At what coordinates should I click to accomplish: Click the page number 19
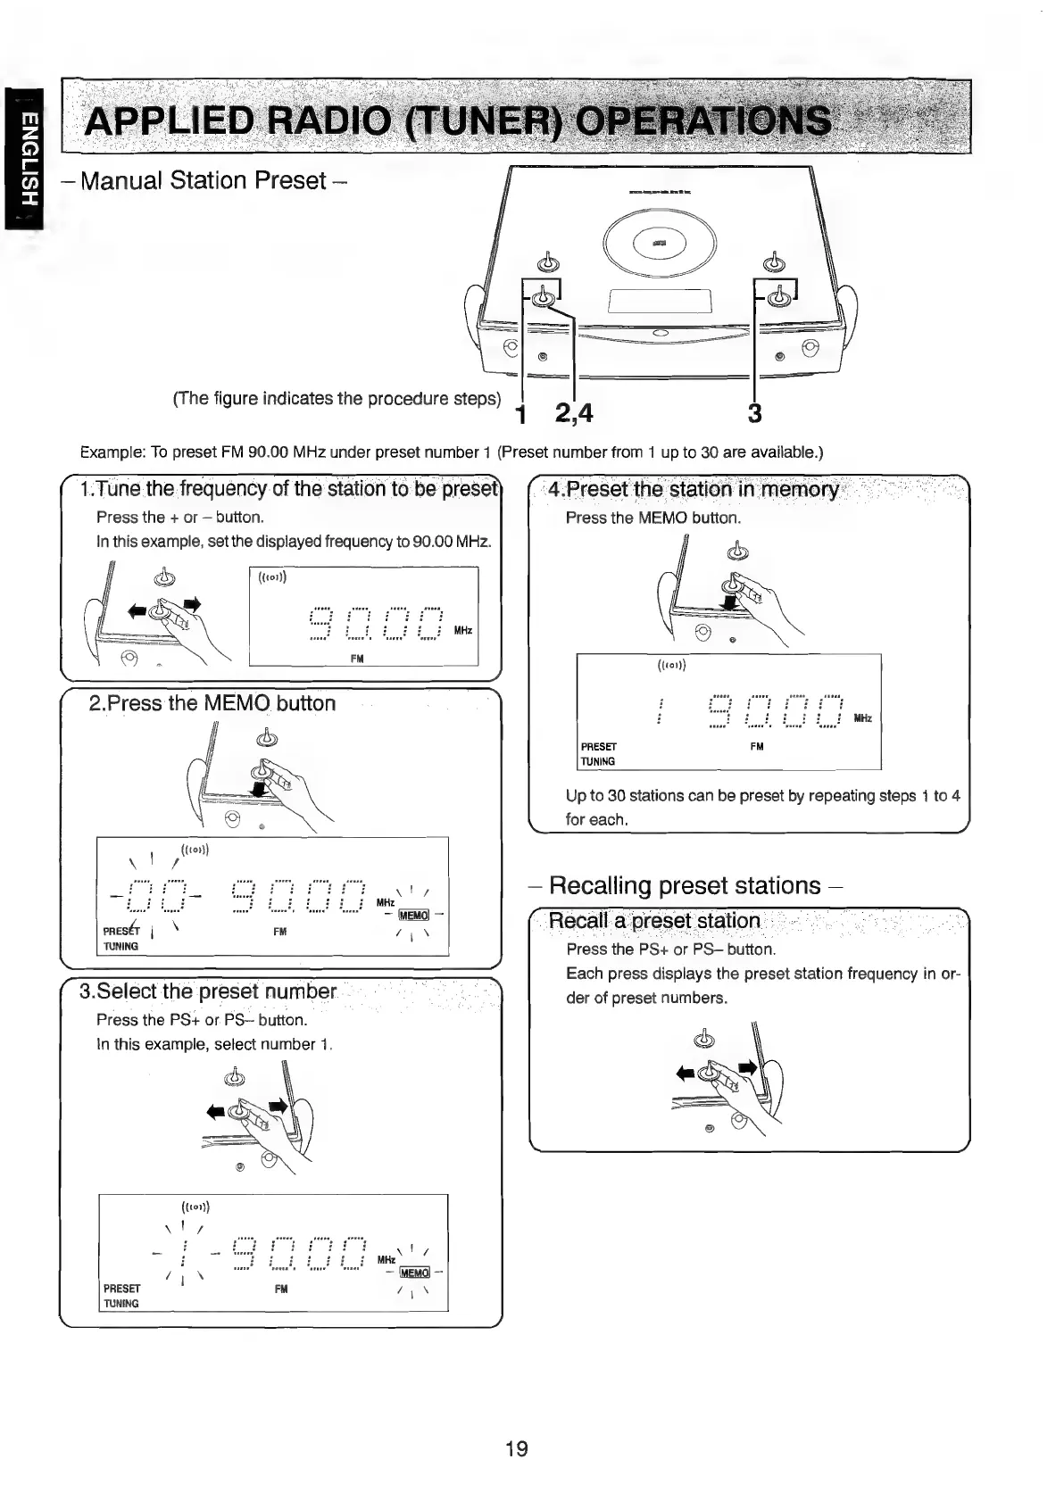point(516,1448)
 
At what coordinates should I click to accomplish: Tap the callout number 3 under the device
point(754,413)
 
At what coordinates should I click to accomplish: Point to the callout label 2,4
point(573,413)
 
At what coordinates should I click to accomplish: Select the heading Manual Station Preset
point(204,181)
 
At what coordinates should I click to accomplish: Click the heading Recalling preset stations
point(686,885)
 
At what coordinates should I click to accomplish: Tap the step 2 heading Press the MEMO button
point(212,703)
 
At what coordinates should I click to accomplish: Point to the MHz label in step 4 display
point(862,718)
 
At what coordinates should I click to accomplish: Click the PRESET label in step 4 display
point(598,746)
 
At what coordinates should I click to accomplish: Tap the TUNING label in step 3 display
point(121,1304)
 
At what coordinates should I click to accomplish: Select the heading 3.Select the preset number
point(208,992)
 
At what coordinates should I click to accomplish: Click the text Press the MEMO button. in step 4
point(653,518)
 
